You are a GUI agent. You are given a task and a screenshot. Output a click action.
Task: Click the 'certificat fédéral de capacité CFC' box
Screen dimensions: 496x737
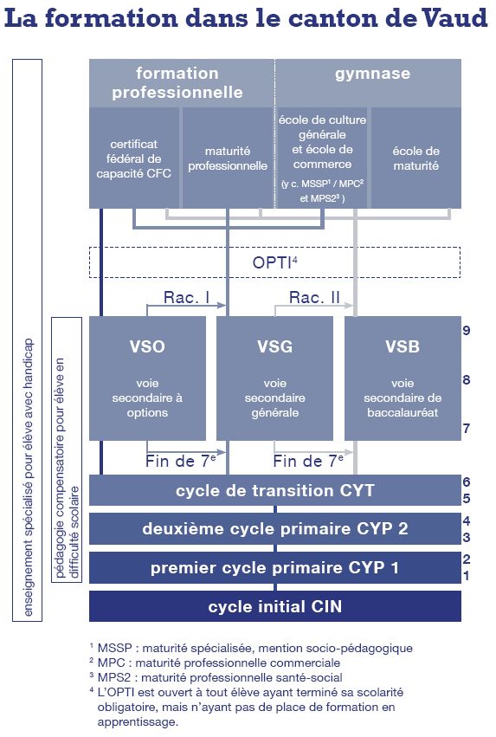(134, 158)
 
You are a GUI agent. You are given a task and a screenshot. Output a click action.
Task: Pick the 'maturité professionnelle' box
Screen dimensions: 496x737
(228, 158)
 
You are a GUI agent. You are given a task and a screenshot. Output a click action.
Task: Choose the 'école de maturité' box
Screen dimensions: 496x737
(416, 158)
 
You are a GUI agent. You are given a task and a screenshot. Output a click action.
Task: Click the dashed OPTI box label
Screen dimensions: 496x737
(274, 262)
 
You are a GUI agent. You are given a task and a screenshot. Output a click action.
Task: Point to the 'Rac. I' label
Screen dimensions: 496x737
(186, 297)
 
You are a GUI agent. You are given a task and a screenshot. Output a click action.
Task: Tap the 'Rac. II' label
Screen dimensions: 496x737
(314, 297)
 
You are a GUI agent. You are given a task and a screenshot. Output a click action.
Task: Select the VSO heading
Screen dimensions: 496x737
(147, 346)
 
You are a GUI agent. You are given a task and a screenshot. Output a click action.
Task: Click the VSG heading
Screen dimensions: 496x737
(274, 346)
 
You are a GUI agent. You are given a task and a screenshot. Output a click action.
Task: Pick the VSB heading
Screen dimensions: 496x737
(403, 346)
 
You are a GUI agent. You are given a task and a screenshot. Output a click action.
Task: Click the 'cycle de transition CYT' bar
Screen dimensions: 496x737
(275, 490)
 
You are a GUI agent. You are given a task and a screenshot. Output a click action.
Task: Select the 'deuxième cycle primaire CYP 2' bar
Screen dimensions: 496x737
(275, 528)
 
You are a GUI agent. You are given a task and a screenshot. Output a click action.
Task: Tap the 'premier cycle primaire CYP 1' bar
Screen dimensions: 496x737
(275, 567)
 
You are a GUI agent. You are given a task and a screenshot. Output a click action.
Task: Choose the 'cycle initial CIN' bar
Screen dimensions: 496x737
(275, 606)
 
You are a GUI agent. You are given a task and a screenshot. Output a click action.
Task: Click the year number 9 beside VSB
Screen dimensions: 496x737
(467, 331)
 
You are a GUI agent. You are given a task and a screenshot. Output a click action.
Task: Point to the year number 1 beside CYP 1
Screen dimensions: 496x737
(467, 575)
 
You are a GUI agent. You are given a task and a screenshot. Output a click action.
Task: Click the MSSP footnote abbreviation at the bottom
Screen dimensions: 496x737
(114, 648)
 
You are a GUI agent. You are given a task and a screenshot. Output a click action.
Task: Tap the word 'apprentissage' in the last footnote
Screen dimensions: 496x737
(137, 722)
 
